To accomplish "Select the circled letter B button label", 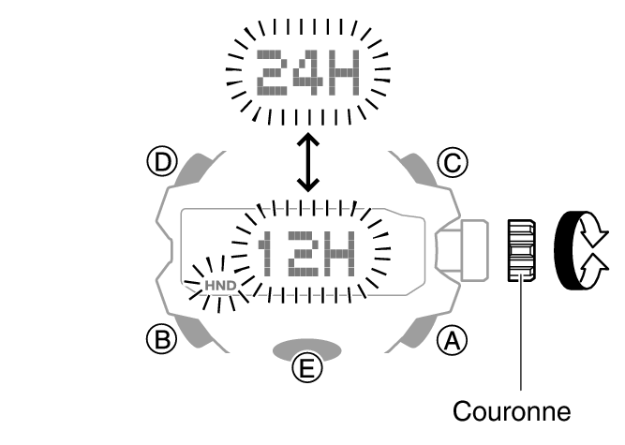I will pos(164,339).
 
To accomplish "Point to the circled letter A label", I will pos(451,339).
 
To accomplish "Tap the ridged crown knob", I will pos(519,250).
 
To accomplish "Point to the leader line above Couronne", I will pos(519,337).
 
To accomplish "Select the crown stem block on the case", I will pos(465,250).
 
